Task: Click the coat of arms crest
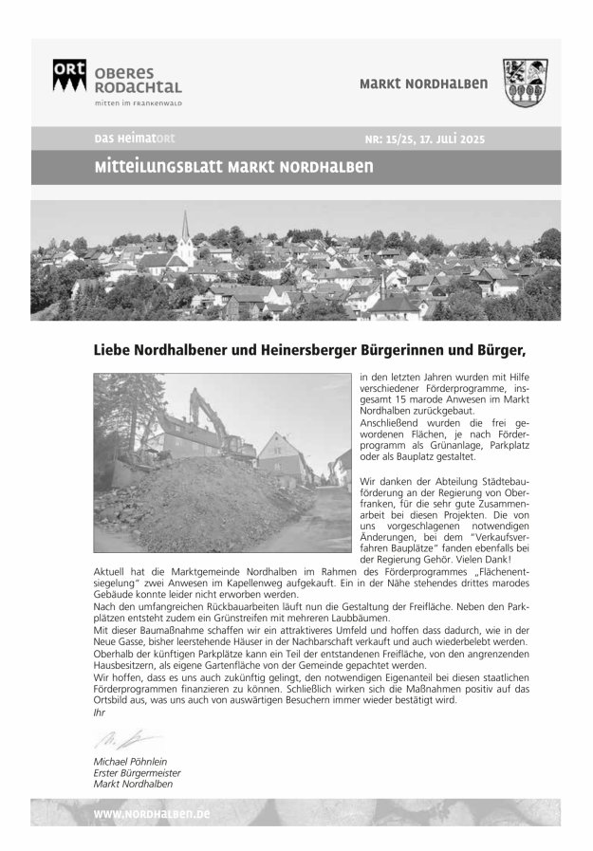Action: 525,83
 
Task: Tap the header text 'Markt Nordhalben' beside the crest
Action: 424,84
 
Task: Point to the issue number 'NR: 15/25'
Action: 391,139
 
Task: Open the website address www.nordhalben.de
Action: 152,815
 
